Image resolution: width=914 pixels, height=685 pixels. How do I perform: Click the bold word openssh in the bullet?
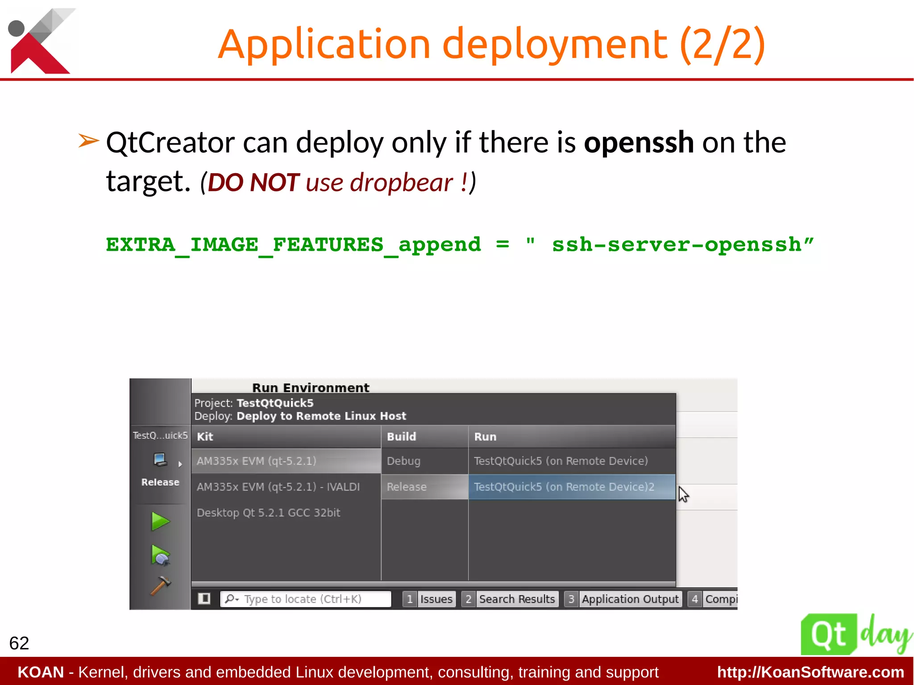pos(639,143)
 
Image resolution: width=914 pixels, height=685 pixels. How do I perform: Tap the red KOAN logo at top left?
pos(40,42)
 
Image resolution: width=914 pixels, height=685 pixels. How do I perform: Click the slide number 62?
pos(19,643)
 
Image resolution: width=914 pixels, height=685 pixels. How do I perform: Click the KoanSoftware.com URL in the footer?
pos(810,672)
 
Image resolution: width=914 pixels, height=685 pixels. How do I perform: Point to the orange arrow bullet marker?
pos(88,141)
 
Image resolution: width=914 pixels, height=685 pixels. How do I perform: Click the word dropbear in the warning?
pos(401,183)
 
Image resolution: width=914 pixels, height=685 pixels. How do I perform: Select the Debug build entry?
pos(403,461)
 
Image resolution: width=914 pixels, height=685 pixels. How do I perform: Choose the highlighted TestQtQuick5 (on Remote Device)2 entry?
pos(564,487)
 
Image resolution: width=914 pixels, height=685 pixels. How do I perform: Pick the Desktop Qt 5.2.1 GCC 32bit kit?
pos(268,513)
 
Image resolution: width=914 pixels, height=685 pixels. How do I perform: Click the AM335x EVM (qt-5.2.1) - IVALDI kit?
pos(278,487)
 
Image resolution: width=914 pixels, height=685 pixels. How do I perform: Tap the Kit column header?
pos(205,436)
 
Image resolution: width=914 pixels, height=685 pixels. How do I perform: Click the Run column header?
pos(485,436)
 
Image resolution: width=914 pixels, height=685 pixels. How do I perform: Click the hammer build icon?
pos(160,585)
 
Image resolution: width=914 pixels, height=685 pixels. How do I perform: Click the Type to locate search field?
pos(305,599)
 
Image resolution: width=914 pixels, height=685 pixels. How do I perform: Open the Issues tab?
pos(436,599)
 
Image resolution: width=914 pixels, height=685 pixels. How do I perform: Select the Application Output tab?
pos(630,599)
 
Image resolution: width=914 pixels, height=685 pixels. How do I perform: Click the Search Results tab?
pos(517,599)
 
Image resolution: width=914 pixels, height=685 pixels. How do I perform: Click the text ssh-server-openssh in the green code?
pos(677,245)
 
